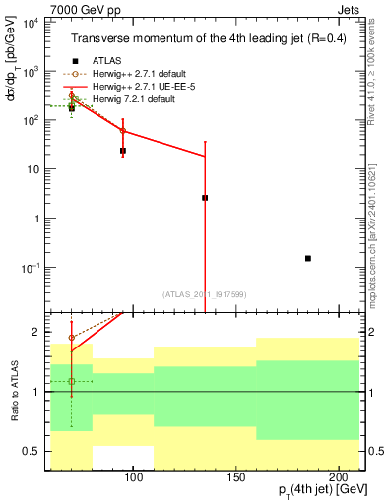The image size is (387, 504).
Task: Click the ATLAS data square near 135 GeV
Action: point(205,198)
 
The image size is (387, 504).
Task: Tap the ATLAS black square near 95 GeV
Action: point(123,151)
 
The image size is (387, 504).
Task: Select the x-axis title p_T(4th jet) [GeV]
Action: point(317,490)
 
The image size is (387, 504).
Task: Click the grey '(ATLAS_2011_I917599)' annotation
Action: point(205,292)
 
